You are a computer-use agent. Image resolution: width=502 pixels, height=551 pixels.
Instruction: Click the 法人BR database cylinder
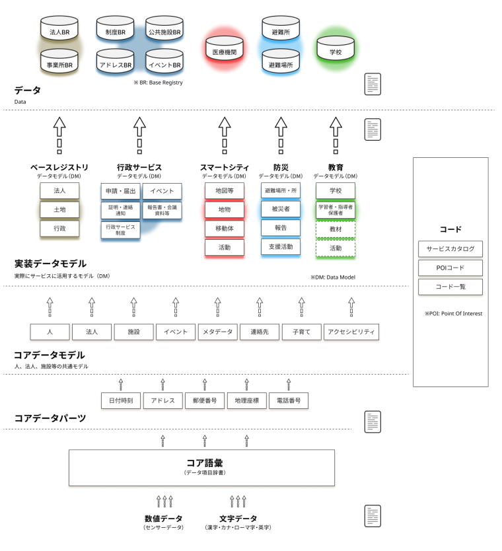coord(59,30)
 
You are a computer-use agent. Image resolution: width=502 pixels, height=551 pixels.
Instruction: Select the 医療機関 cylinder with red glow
coord(225,50)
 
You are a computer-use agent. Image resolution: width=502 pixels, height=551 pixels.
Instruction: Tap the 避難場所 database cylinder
coord(281,64)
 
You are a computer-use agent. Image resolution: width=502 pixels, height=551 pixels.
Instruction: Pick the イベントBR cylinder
coord(164,64)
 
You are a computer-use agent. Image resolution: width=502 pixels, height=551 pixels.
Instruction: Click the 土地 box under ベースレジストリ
coord(59,209)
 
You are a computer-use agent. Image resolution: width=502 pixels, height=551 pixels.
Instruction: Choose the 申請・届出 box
coord(120,191)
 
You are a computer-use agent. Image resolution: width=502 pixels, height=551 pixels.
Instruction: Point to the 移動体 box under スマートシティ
coord(225,228)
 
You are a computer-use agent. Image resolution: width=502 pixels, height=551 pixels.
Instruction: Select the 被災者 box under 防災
coord(281,209)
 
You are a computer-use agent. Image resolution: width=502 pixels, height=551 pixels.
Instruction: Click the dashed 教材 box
coord(336,229)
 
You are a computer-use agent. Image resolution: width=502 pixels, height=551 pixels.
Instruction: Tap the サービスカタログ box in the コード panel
coord(450,248)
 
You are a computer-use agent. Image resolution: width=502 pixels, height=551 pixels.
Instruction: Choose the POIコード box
coord(450,268)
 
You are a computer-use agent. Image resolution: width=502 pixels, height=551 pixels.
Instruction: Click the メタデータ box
coord(217,332)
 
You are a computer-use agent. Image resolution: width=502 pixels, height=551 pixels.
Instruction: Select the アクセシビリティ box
coord(351,332)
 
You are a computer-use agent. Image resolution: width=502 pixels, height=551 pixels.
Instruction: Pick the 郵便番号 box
coord(205,400)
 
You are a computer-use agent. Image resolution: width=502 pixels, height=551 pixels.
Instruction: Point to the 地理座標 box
coord(246,400)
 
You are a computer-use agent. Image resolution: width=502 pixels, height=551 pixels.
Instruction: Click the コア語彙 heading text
coord(201,462)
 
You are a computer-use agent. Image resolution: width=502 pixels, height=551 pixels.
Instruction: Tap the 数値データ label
coord(163,519)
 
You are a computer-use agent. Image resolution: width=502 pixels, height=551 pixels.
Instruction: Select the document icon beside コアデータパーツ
coord(373,422)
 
